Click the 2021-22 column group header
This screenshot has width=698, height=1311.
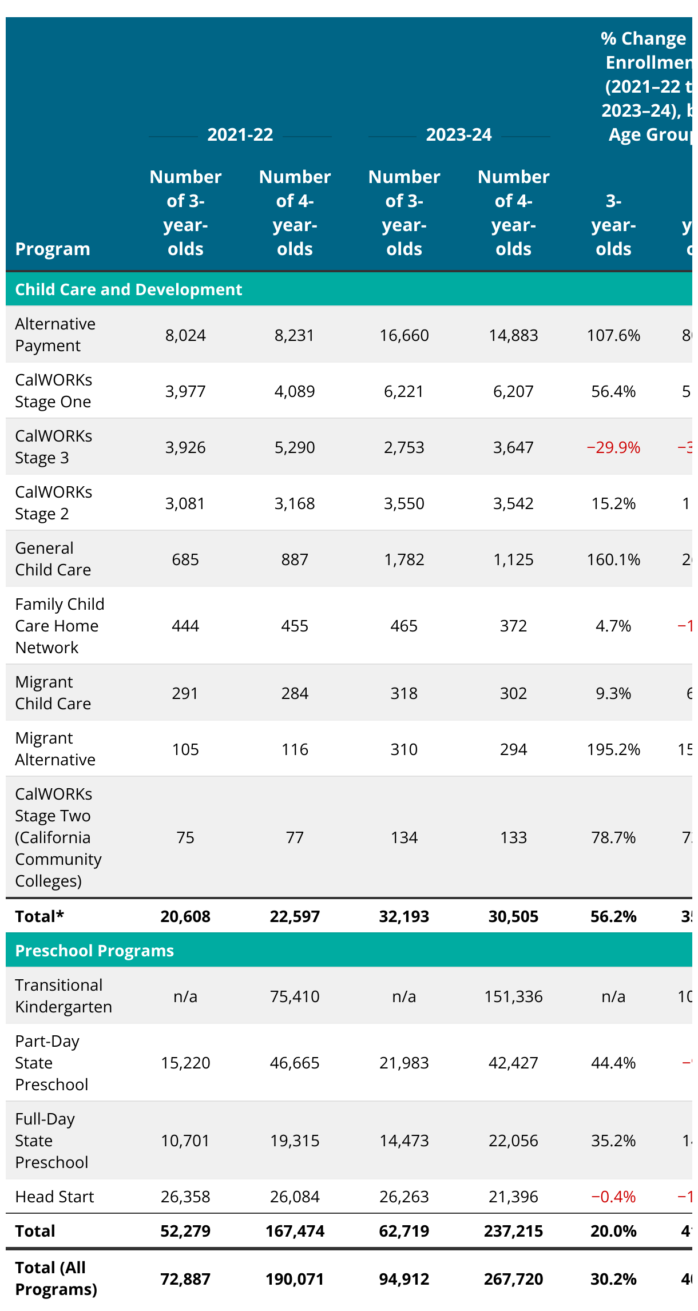click(x=240, y=134)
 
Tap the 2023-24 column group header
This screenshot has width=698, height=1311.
click(x=458, y=134)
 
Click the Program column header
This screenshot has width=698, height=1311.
click(x=53, y=249)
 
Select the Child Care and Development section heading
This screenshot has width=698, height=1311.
click(x=129, y=289)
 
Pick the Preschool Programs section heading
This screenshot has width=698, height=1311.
click(x=94, y=951)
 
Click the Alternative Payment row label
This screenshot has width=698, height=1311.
click(x=55, y=335)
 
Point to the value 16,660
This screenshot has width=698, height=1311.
click(x=404, y=335)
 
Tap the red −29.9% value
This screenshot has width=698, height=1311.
click(x=613, y=447)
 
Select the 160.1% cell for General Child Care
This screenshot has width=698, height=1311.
click(x=613, y=559)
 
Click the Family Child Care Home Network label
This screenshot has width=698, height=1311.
click(x=60, y=626)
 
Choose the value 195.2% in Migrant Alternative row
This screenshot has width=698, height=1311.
click(x=613, y=749)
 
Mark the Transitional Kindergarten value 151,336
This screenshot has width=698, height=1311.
click(x=513, y=996)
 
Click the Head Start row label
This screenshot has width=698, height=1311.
click(x=54, y=1197)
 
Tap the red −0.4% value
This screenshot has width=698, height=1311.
click(x=613, y=1197)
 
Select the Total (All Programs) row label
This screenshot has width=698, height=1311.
click(x=56, y=1278)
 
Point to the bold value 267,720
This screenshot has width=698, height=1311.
click(x=513, y=1279)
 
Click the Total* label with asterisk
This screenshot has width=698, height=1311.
click(x=39, y=916)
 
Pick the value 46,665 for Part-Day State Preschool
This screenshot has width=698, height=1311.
click(x=295, y=1063)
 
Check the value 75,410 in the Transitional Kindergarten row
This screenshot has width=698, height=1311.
click(x=295, y=996)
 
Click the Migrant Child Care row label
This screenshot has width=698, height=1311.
click(x=53, y=693)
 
